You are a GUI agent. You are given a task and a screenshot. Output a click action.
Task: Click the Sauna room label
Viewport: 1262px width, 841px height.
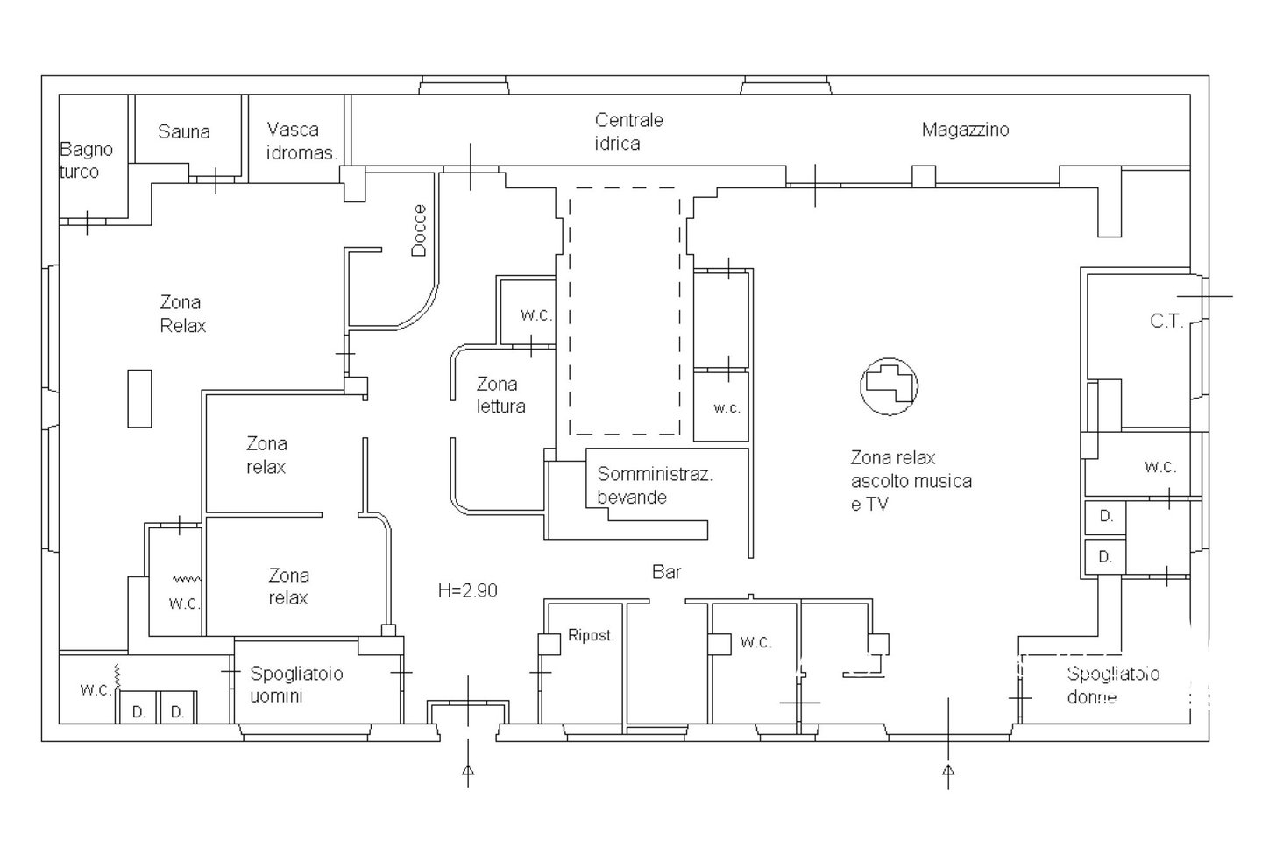tap(184, 131)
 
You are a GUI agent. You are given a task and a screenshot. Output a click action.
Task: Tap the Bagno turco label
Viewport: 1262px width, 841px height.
tap(86, 160)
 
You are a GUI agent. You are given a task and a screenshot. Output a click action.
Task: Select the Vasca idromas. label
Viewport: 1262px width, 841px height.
tap(301, 141)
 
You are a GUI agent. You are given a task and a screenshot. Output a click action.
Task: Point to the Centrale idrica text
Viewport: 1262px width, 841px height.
tap(628, 131)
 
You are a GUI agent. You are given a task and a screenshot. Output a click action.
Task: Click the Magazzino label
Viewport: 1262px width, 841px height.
tap(965, 130)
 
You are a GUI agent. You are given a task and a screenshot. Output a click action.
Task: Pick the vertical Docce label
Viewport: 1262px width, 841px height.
tap(419, 230)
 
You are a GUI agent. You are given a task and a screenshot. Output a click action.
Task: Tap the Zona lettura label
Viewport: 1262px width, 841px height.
tap(501, 395)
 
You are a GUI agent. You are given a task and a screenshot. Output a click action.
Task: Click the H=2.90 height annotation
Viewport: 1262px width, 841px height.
tap(468, 590)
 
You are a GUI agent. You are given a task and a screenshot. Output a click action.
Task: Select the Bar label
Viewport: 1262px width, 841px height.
tap(666, 572)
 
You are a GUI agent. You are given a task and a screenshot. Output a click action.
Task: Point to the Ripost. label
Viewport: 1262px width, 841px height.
tap(591, 636)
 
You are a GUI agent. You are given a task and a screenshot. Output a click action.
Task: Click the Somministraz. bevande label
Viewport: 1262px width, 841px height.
tap(655, 485)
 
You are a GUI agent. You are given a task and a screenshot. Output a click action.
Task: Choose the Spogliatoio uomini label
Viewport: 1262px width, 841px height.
tap(296, 684)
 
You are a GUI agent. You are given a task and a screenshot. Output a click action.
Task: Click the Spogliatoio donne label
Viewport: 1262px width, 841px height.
tap(1113, 685)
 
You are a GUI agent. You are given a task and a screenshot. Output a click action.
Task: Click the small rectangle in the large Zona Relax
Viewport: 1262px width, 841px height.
tap(139, 399)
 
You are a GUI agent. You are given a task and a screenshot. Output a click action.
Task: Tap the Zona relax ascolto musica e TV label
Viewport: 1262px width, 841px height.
tap(911, 481)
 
